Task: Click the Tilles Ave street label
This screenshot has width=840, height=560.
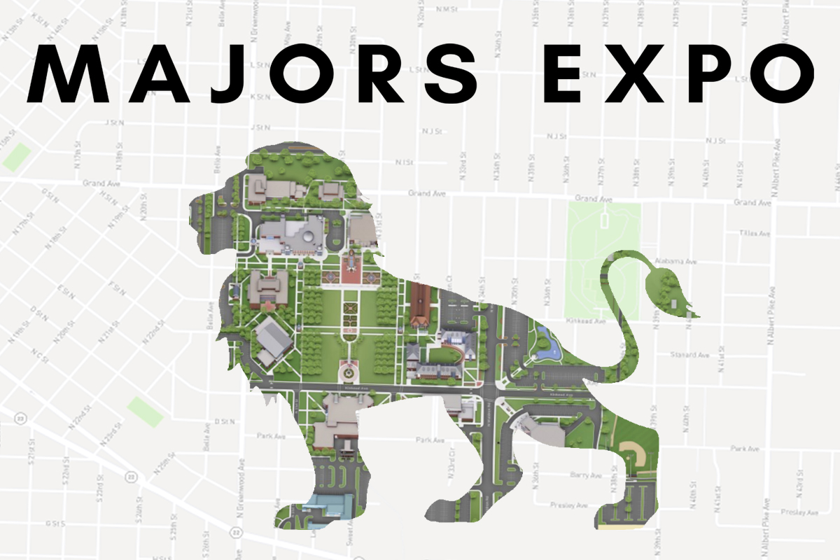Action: coord(755,233)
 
